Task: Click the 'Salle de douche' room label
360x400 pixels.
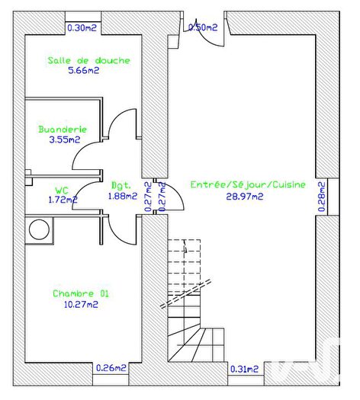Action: pyautogui.click(x=88, y=60)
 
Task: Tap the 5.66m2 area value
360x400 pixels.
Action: pyautogui.click(x=82, y=71)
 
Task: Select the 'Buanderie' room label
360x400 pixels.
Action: pyautogui.click(x=63, y=130)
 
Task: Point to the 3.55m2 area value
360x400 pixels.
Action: pyautogui.click(x=64, y=139)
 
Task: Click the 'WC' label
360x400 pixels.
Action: pyautogui.click(x=62, y=190)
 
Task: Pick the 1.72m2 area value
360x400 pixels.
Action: pyautogui.click(x=63, y=200)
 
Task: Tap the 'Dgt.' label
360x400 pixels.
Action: pyautogui.click(x=121, y=184)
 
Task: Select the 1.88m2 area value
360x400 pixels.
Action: pyautogui.click(x=121, y=196)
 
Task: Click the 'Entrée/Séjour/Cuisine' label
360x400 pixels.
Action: pyautogui.click(x=248, y=184)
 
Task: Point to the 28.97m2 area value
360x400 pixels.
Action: pyautogui.click(x=245, y=196)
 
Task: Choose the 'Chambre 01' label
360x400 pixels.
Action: pyautogui.click(x=76, y=293)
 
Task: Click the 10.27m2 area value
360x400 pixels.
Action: pyautogui.click(x=80, y=304)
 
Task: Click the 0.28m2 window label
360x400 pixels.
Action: pyautogui.click(x=322, y=197)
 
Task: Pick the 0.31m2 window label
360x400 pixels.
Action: pyautogui.click(x=245, y=370)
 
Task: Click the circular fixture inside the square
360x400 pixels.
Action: pyautogui.click(x=38, y=229)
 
